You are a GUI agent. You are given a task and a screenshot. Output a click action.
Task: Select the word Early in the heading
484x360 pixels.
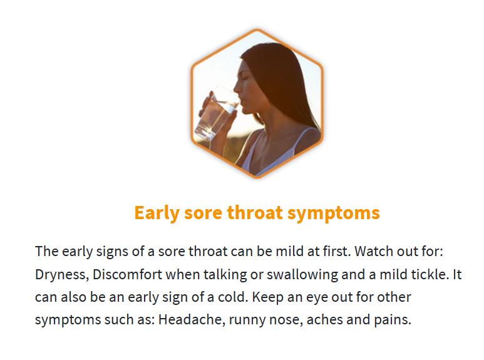[157, 213]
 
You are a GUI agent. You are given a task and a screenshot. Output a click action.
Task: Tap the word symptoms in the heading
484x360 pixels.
[333, 213]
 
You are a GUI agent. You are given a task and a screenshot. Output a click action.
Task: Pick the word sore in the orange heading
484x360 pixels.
[203, 213]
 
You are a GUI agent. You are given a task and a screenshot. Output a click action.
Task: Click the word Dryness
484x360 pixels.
[62, 275]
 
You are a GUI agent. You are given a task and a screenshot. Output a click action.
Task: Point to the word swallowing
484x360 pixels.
[302, 275]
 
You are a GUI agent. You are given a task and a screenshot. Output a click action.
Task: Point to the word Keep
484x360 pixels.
[267, 297]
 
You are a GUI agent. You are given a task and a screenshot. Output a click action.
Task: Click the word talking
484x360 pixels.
[225, 275]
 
